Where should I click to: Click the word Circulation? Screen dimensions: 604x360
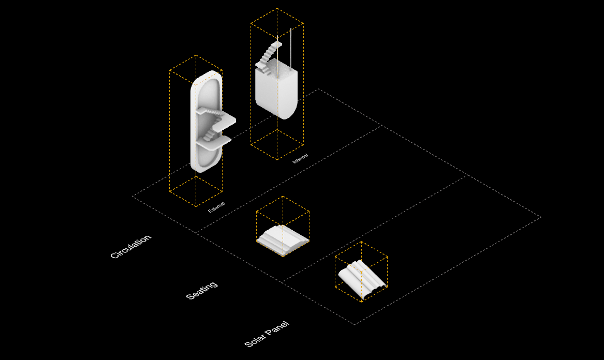(x=130, y=246)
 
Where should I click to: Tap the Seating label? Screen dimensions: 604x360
(x=202, y=290)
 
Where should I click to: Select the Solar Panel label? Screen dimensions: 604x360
(x=267, y=334)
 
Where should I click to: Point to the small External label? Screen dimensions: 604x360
(x=216, y=207)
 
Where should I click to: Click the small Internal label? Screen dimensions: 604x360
(x=301, y=158)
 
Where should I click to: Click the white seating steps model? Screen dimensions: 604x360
(x=283, y=240)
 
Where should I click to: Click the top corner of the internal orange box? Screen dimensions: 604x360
(x=277, y=8)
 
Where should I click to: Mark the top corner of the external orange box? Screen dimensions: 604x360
(x=196, y=55)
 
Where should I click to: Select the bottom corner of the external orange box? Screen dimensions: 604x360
(x=196, y=206)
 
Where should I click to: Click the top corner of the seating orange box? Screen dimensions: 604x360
(x=283, y=197)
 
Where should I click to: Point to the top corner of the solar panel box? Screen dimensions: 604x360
(x=361, y=242)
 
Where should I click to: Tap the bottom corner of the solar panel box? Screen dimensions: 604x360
(x=361, y=302)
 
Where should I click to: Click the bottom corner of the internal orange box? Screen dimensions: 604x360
(x=277, y=159)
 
